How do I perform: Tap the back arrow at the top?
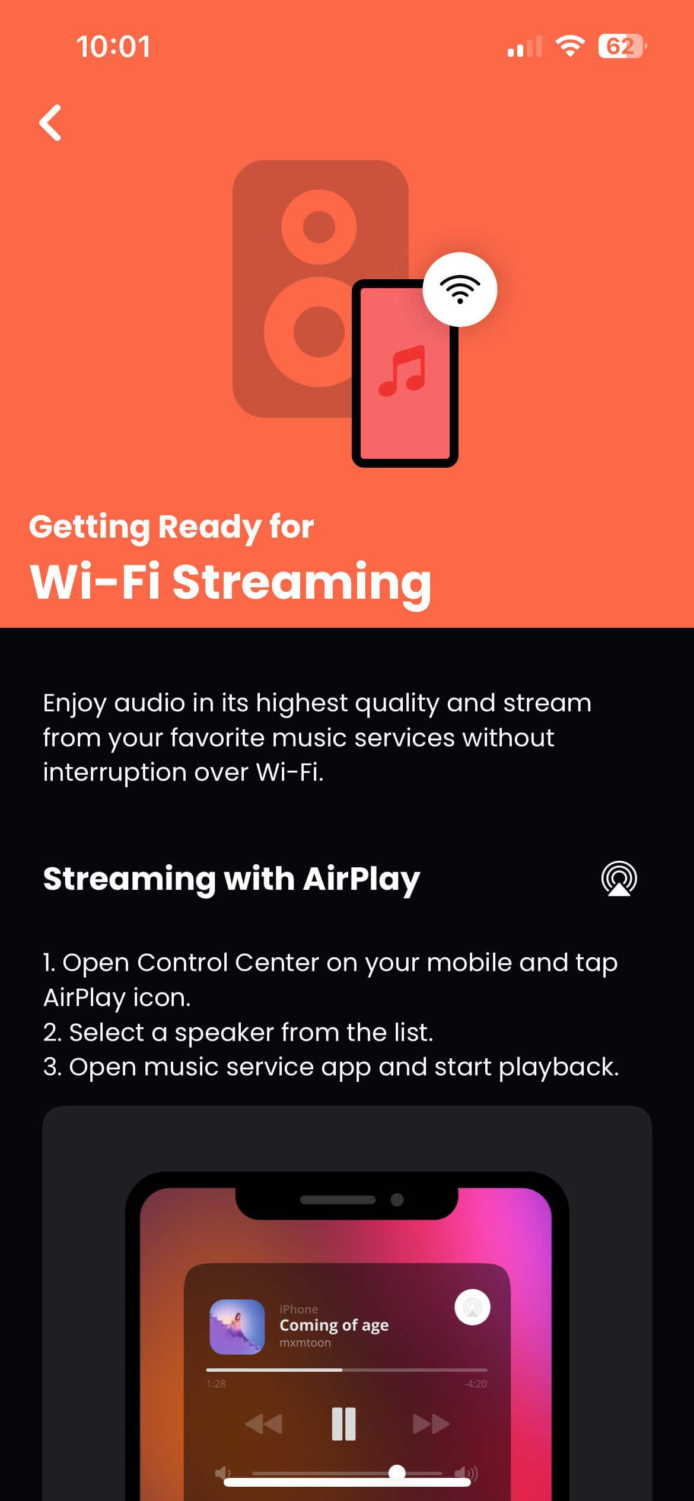50,123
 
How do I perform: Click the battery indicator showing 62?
622,46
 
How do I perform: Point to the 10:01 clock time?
113,47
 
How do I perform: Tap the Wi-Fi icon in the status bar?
570,46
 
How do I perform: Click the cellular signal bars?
525,46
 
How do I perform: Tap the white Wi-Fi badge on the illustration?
460,289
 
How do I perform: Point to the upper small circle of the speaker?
319,226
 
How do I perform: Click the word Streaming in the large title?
302,582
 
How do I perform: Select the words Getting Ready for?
171,527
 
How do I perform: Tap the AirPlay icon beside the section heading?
619,879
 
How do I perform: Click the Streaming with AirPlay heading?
231,879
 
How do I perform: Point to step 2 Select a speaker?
238,1032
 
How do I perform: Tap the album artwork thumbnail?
237,1327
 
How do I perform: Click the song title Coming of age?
334,1326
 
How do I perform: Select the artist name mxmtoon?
305,1343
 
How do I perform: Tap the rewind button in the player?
263,1423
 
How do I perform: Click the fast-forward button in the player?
431,1423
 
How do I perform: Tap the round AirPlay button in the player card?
472,1307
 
